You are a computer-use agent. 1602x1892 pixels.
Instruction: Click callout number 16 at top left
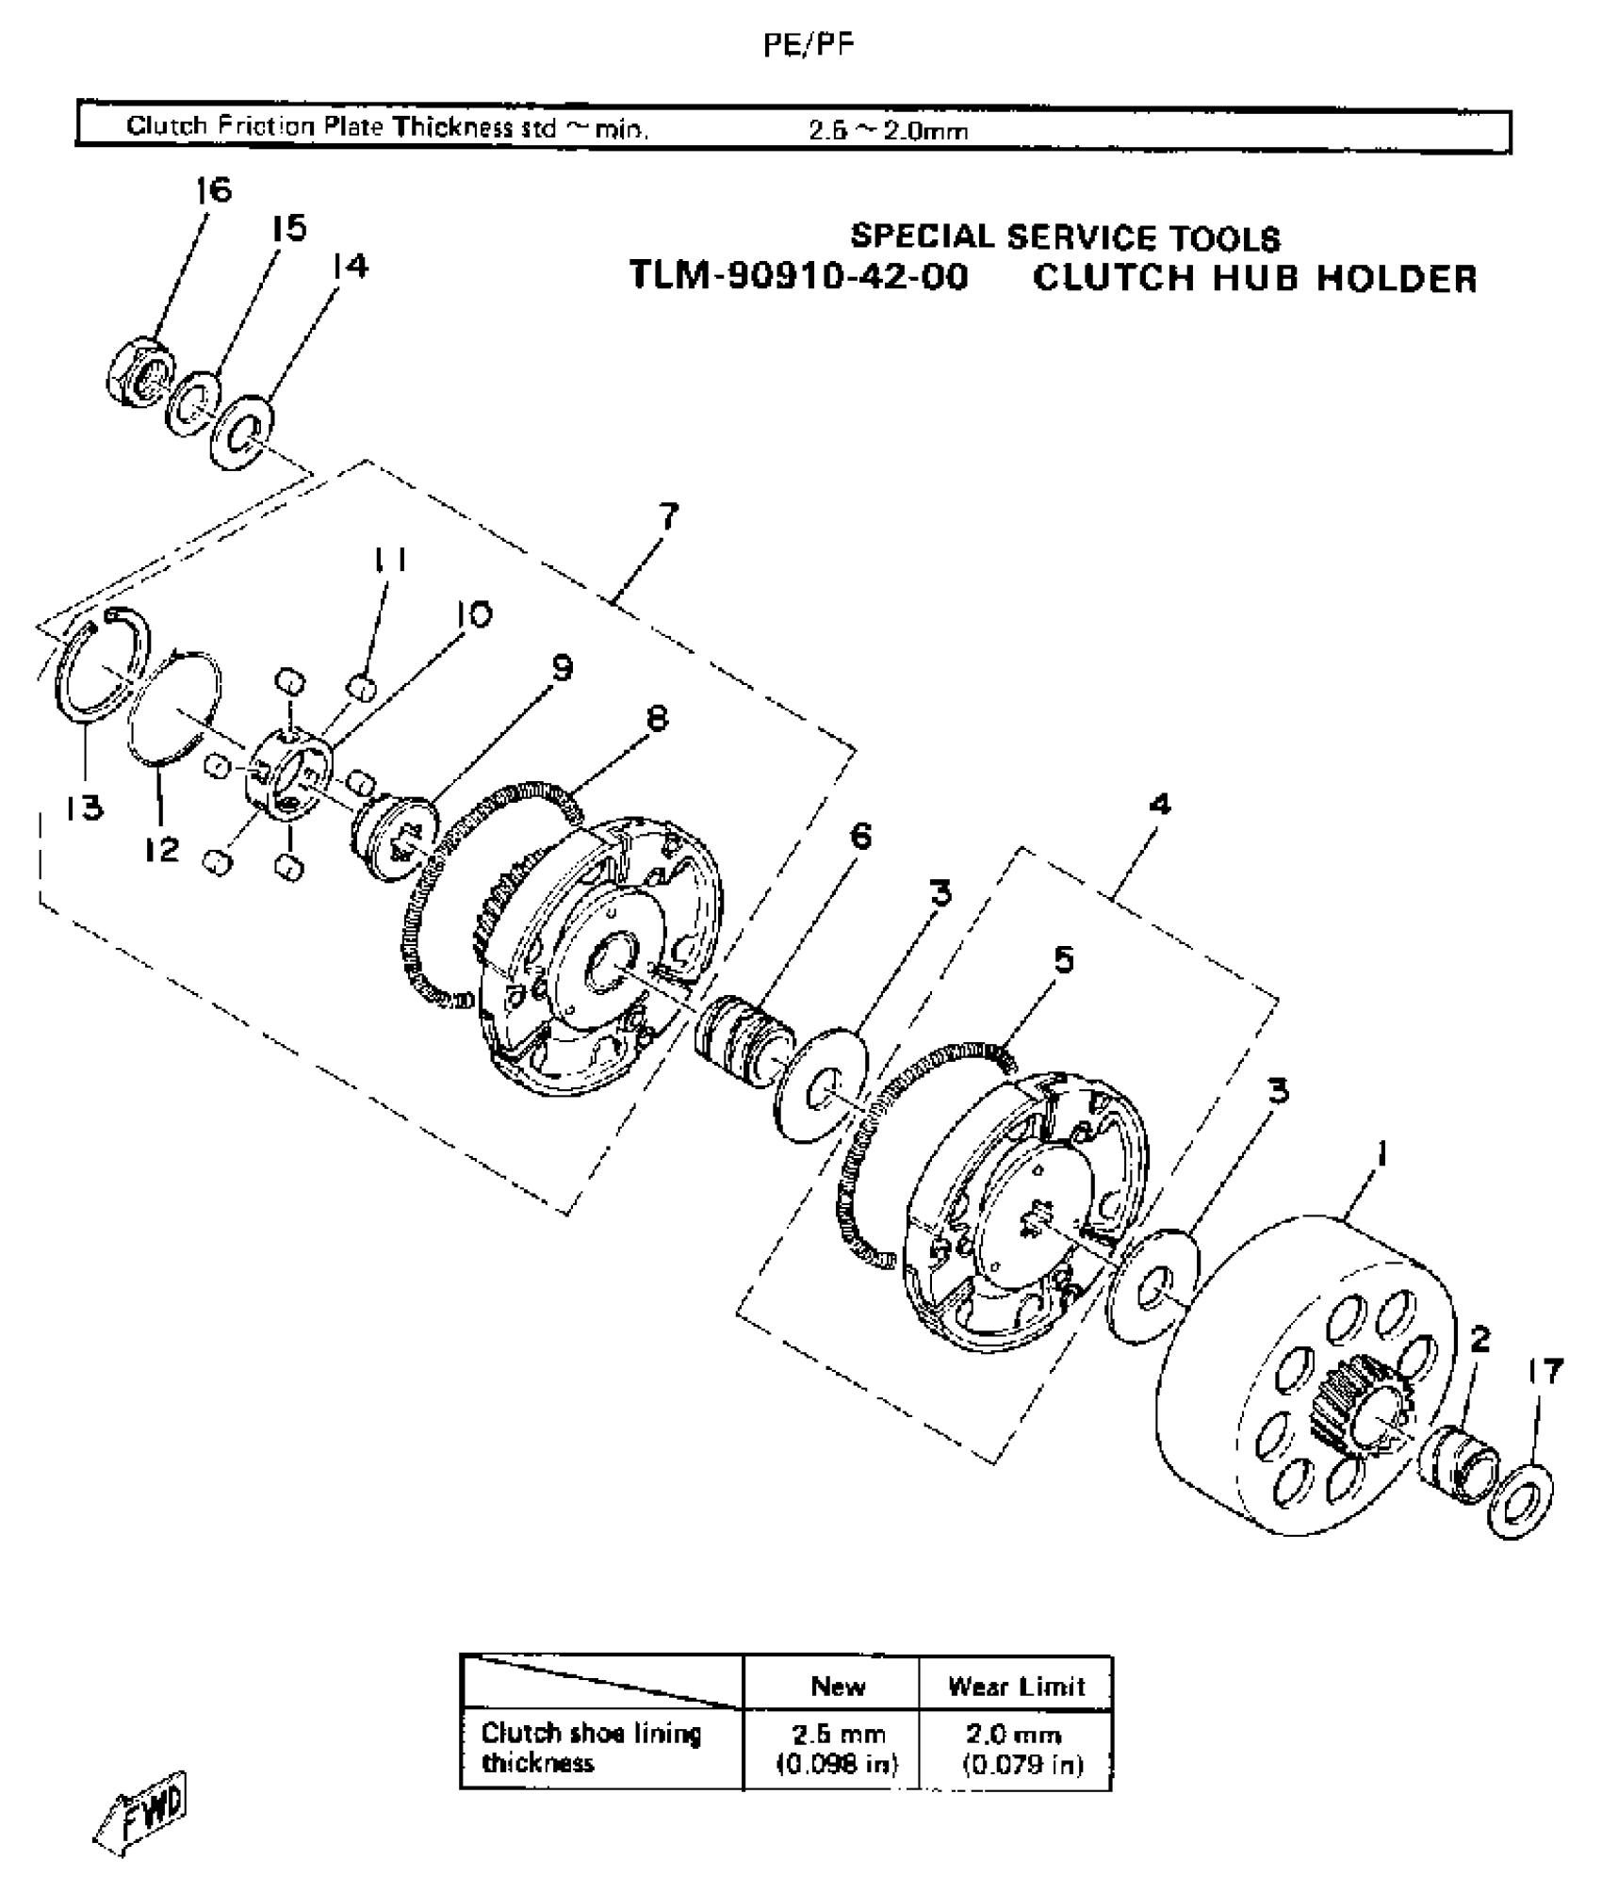(214, 190)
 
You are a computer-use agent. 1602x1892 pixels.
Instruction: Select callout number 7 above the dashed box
(668, 517)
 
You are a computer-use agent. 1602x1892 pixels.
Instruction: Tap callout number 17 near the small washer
(1545, 1371)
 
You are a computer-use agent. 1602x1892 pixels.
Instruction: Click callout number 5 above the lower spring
(1063, 960)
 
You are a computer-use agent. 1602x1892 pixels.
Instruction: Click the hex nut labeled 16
(139, 373)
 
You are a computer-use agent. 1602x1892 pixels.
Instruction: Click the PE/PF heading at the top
(809, 45)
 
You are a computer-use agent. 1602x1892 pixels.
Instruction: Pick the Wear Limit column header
(1016, 1686)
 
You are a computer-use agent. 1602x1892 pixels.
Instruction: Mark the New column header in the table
(838, 1686)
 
